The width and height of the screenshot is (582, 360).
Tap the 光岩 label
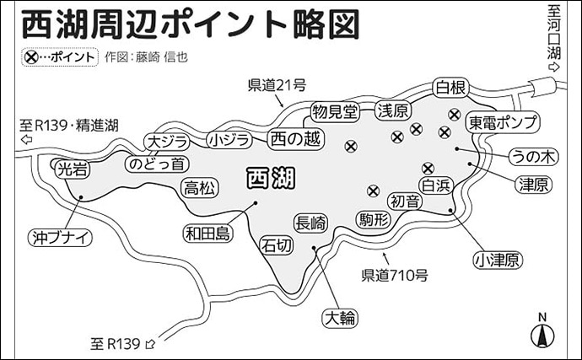click(x=70, y=169)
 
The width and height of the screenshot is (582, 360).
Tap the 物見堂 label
click(x=334, y=110)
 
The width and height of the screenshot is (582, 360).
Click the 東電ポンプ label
click(x=503, y=122)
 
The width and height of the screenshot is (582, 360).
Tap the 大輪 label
click(x=339, y=317)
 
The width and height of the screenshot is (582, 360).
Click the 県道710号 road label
click(x=395, y=274)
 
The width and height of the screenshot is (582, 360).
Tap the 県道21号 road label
click(x=276, y=85)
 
